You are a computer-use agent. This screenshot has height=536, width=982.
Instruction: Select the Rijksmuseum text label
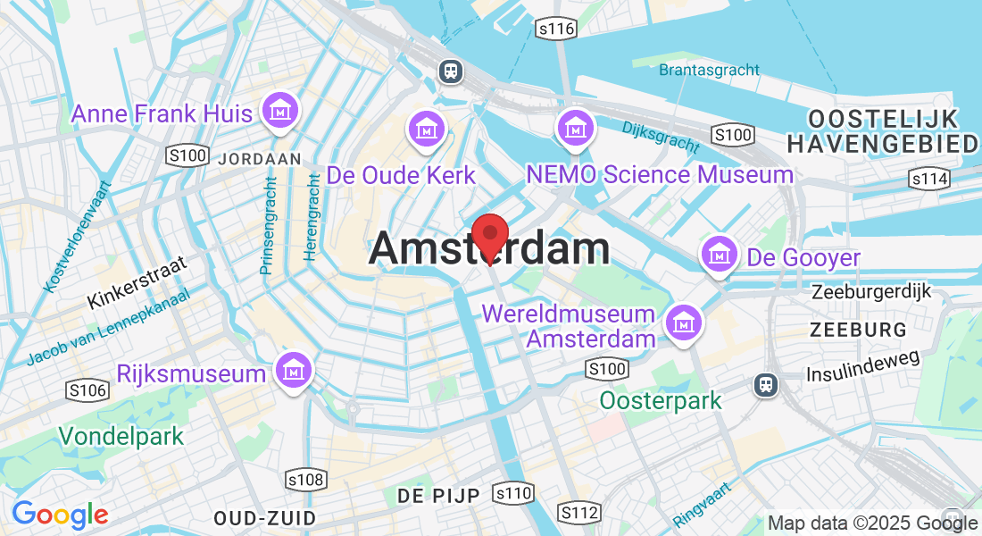coord(191,373)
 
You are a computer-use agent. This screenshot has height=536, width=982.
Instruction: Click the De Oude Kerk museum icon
coord(427,130)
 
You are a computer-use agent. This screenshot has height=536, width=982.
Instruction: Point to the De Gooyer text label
coord(803,258)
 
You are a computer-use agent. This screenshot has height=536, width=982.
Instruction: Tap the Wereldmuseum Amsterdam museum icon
coord(684,321)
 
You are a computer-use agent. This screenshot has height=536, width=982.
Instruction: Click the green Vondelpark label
coord(121,436)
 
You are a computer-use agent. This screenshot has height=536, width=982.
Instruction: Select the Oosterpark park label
coord(660,400)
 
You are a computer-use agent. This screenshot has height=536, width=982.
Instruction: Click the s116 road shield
coord(554,29)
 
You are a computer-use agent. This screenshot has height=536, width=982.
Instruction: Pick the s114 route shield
coord(928,180)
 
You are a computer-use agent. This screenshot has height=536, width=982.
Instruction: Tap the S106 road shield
coord(87,389)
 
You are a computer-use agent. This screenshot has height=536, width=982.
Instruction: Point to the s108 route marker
coord(305,481)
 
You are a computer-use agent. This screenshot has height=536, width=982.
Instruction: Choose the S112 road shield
coord(578,512)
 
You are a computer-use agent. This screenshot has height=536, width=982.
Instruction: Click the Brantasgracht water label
coord(709,70)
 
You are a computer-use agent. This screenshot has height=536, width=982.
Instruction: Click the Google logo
coord(60,515)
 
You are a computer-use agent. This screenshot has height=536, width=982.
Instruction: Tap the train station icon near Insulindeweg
coord(766,384)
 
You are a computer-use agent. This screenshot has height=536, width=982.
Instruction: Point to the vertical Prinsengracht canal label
coord(267,223)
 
